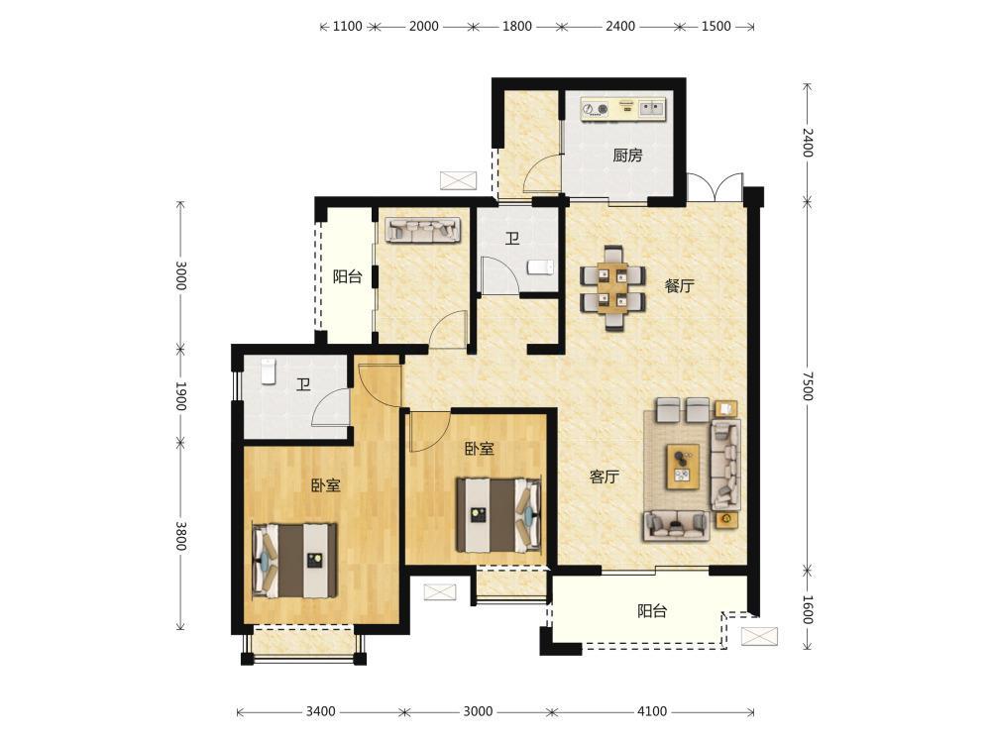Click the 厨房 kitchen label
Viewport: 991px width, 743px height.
point(627,156)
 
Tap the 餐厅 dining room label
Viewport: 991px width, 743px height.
point(679,286)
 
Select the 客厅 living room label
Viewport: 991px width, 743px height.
point(605,478)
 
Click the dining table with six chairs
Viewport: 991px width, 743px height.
point(613,288)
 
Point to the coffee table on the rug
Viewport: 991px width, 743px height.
point(683,466)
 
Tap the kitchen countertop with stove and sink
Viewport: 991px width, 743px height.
point(623,108)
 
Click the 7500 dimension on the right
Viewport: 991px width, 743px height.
point(807,385)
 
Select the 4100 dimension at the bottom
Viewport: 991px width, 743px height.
point(652,711)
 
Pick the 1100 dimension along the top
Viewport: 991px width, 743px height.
point(347,27)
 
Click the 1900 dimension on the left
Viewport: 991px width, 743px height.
point(180,396)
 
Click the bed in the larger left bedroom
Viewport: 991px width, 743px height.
point(294,560)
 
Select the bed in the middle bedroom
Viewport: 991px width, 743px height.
point(499,515)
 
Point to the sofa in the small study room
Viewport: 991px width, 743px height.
point(423,230)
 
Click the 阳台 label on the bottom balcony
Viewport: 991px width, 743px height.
point(652,611)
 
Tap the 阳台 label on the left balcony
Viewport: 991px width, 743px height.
point(348,276)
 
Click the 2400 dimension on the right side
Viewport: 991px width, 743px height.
point(807,142)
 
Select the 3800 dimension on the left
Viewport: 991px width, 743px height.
point(180,535)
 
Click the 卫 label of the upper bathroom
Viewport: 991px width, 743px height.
point(512,239)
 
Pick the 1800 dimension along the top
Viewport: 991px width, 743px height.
point(516,27)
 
